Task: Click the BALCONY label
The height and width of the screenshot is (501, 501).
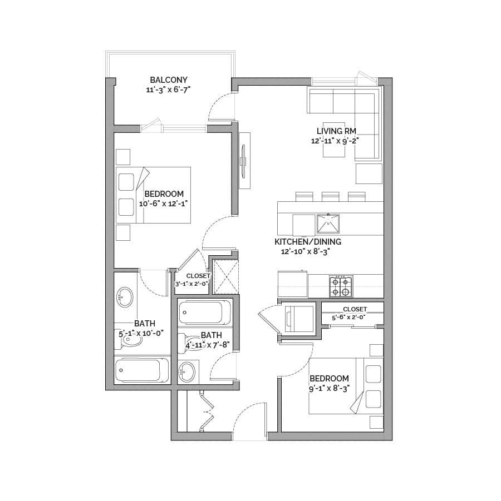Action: click(169, 80)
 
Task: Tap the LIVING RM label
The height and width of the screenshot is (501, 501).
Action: click(336, 131)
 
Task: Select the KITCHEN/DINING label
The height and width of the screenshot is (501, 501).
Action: click(308, 242)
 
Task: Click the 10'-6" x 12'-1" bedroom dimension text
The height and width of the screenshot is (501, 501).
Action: click(163, 204)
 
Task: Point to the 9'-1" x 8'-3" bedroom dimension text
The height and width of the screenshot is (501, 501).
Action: click(329, 389)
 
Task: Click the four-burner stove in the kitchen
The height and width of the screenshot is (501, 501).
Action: click(341, 286)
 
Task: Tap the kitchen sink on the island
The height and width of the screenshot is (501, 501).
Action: click(328, 224)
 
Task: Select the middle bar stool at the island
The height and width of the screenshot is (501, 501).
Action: click(331, 196)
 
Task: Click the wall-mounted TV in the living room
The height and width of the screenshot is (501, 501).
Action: click(243, 161)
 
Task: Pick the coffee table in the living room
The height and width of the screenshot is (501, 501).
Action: click(334, 140)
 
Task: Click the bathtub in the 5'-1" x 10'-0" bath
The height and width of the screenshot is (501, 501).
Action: click(141, 370)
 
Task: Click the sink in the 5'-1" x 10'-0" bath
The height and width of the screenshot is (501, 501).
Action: click(125, 297)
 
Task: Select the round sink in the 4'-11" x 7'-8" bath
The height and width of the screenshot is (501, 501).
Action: click(187, 371)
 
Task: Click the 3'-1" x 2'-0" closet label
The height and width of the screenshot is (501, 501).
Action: click(192, 280)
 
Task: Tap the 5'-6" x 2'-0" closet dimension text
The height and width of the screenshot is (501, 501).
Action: click(348, 318)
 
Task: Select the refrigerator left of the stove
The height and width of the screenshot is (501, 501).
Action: click(292, 284)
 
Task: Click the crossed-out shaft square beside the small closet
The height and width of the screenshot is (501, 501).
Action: click(226, 277)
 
